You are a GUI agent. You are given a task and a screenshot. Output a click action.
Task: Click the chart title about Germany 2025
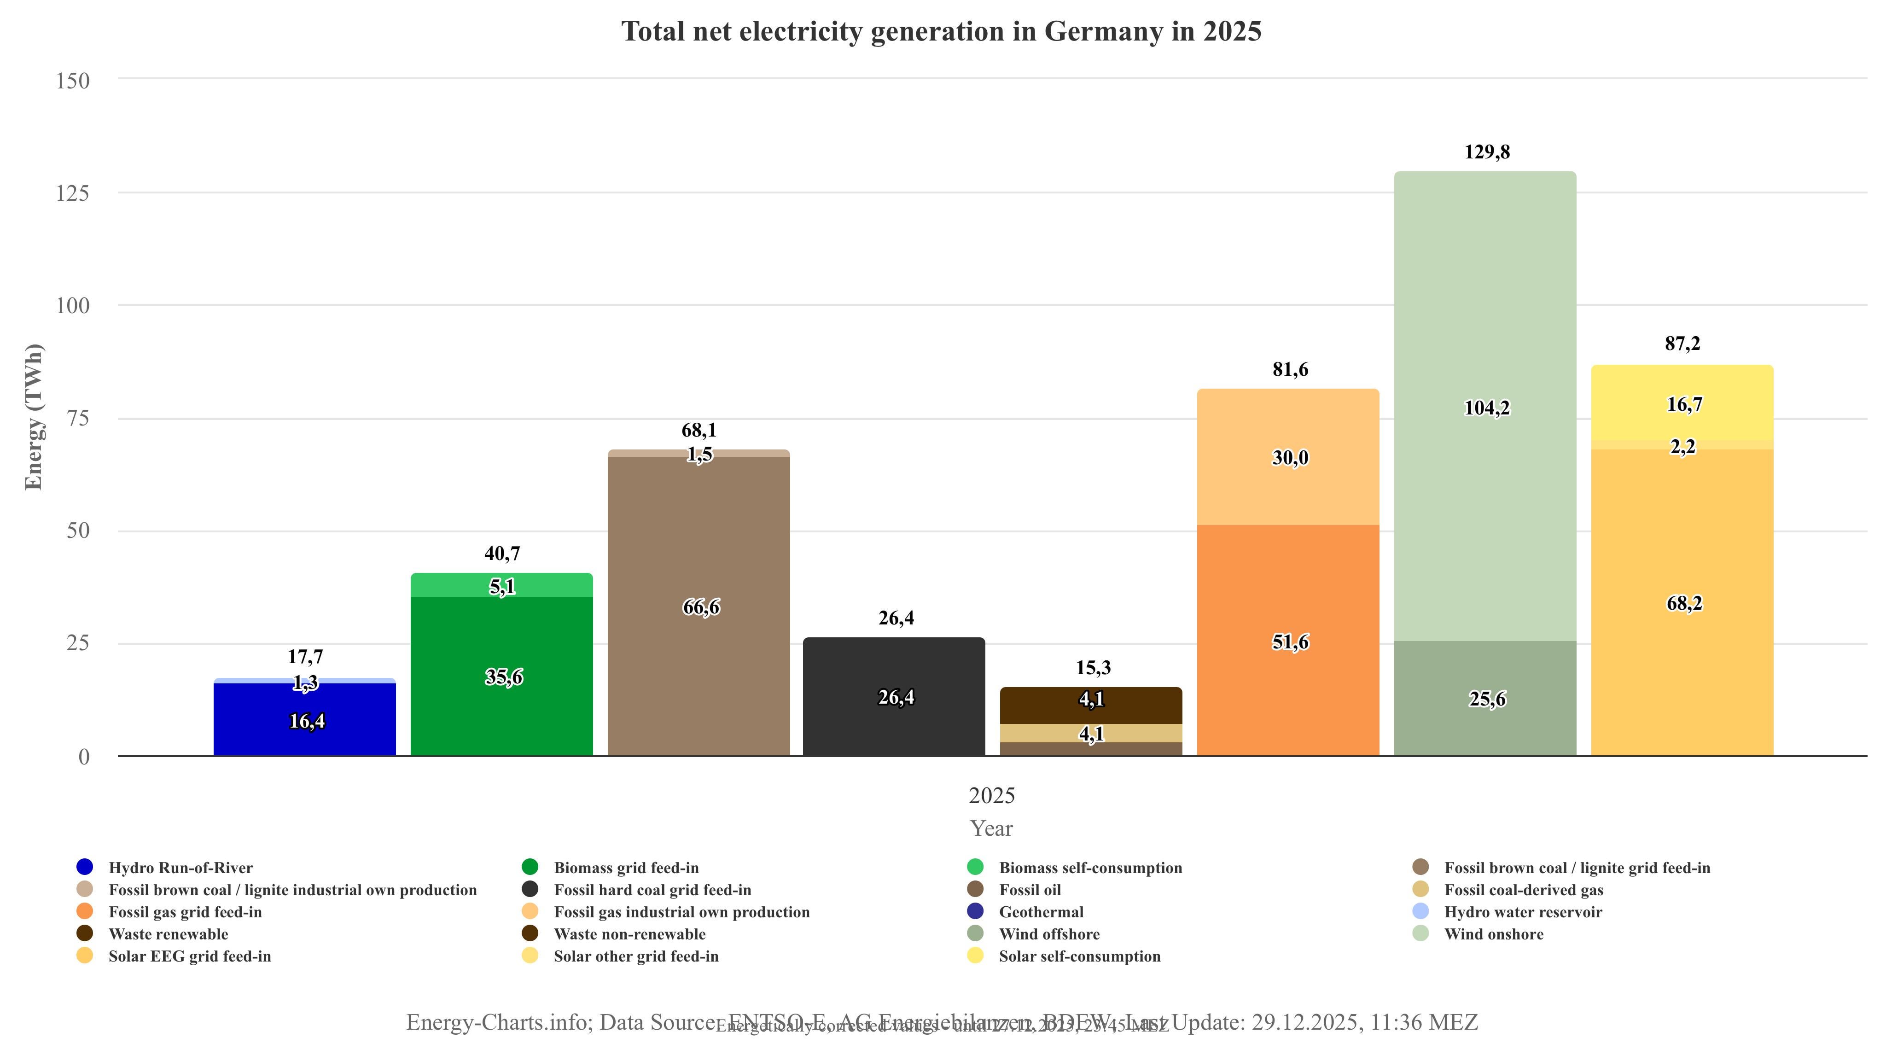pos(942,31)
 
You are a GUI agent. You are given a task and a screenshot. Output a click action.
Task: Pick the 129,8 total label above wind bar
pos(1486,152)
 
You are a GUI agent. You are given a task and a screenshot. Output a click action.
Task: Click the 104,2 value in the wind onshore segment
pos(1486,408)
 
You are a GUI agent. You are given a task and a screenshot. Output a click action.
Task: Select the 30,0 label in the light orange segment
pos(1289,458)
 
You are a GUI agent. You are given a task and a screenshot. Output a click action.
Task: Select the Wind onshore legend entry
pos(1494,934)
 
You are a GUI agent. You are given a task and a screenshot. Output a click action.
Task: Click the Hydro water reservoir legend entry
pos(1523,912)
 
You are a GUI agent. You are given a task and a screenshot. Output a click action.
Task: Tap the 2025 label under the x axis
pos(991,795)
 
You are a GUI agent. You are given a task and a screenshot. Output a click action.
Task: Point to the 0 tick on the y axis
pos(83,757)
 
